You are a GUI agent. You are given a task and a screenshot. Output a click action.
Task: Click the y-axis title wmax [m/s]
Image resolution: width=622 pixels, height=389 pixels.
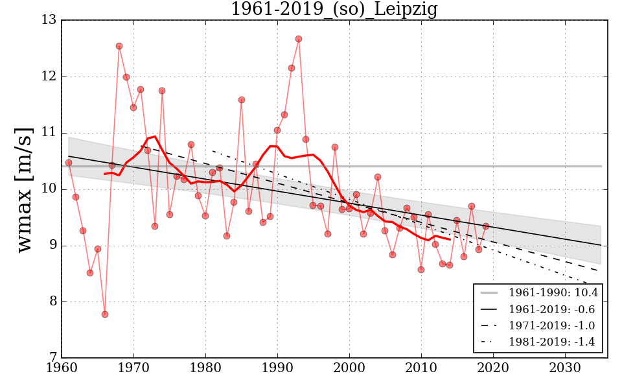coord(24,189)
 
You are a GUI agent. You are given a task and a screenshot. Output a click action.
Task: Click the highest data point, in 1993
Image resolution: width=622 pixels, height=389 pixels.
coord(299,39)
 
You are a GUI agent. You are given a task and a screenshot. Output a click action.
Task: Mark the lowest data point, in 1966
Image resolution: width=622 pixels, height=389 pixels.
coord(105,314)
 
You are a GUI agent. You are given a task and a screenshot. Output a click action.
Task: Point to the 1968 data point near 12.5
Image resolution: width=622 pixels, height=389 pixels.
coord(119,46)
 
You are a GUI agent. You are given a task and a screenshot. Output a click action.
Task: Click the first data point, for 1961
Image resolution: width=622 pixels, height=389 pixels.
coord(69,163)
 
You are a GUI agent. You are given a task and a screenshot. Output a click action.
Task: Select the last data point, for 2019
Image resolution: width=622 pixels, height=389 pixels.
coord(485,226)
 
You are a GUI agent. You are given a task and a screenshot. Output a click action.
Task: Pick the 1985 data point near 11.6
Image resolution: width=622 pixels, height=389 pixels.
coord(242,100)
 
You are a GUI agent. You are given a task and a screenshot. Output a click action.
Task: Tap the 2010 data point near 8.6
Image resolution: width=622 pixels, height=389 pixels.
coord(421,270)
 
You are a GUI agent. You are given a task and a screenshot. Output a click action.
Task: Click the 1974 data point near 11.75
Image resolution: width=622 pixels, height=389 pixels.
coord(162,91)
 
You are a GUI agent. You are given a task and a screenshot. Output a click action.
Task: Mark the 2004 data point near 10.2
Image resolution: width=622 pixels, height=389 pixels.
coord(378,177)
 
